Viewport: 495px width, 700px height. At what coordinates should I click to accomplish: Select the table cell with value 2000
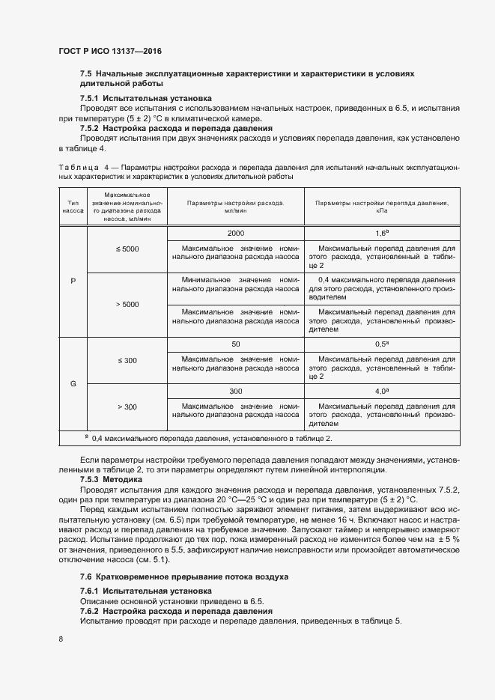(x=236, y=234)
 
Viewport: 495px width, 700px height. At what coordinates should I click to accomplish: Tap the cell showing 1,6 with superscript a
(x=380, y=234)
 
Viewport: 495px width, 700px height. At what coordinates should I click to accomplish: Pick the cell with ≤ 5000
(x=127, y=249)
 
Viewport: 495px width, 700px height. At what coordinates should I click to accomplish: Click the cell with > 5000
(x=127, y=305)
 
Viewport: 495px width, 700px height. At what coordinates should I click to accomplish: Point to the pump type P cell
(x=73, y=281)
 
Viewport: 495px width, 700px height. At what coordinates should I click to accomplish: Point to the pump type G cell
(x=73, y=383)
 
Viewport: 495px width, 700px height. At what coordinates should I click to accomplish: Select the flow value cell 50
(x=236, y=345)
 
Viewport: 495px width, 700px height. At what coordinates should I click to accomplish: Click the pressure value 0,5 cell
(x=380, y=345)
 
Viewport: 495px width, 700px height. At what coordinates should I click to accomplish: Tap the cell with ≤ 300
(x=127, y=361)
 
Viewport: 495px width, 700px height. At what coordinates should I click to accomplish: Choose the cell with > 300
(x=127, y=407)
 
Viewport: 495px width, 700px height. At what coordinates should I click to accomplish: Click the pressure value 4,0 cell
(x=380, y=391)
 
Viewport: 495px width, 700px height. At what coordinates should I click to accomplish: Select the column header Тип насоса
(x=73, y=207)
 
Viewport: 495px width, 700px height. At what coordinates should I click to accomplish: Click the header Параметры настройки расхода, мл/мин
(x=236, y=207)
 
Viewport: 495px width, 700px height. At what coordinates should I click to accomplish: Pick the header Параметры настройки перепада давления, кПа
(x=380, y=207)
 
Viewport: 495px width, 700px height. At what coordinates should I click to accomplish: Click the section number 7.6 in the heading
(x=86, y=576)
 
